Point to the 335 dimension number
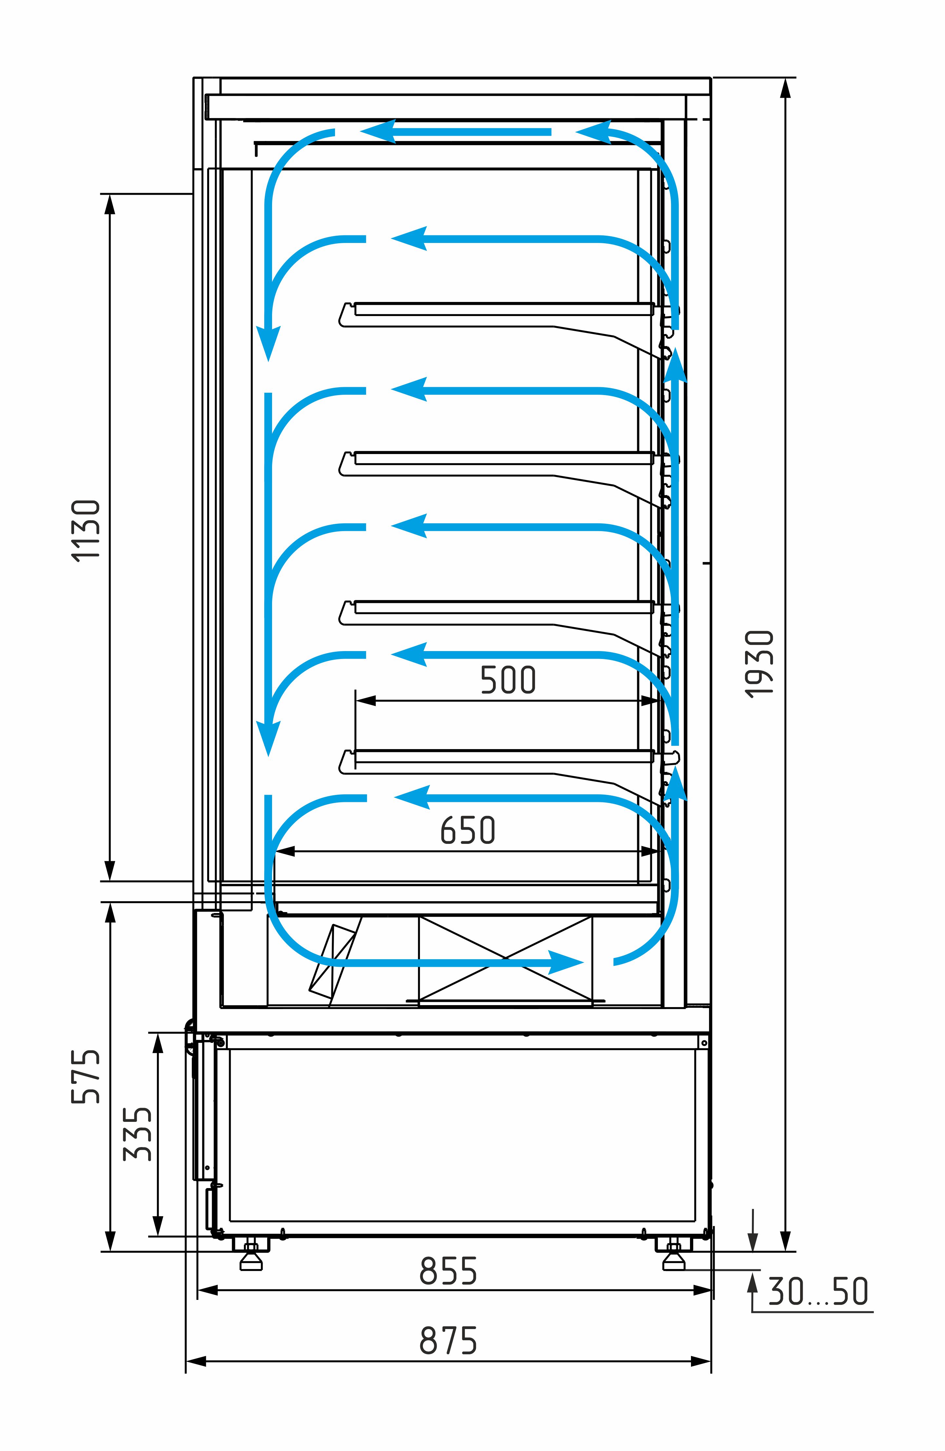point(137,1134)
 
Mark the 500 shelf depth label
point(508,680)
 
